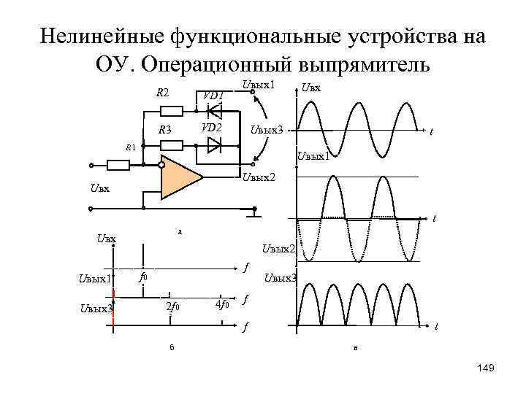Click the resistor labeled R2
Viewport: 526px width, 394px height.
tap(172, 112)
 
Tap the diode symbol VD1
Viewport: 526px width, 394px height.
tap(215, 112)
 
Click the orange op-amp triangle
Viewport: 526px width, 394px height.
tap(180, 177)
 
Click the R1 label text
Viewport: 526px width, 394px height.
tap(130, 147)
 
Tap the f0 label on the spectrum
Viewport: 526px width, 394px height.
tap(144, 278)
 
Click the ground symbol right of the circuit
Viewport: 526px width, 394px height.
tap(253, 212)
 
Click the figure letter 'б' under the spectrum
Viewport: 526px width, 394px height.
tap(172, 347)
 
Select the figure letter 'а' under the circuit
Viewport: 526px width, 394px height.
tap(180, 231)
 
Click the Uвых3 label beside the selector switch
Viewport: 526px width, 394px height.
tap(267, 130)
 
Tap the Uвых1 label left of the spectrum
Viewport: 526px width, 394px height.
tap(95, 278)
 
